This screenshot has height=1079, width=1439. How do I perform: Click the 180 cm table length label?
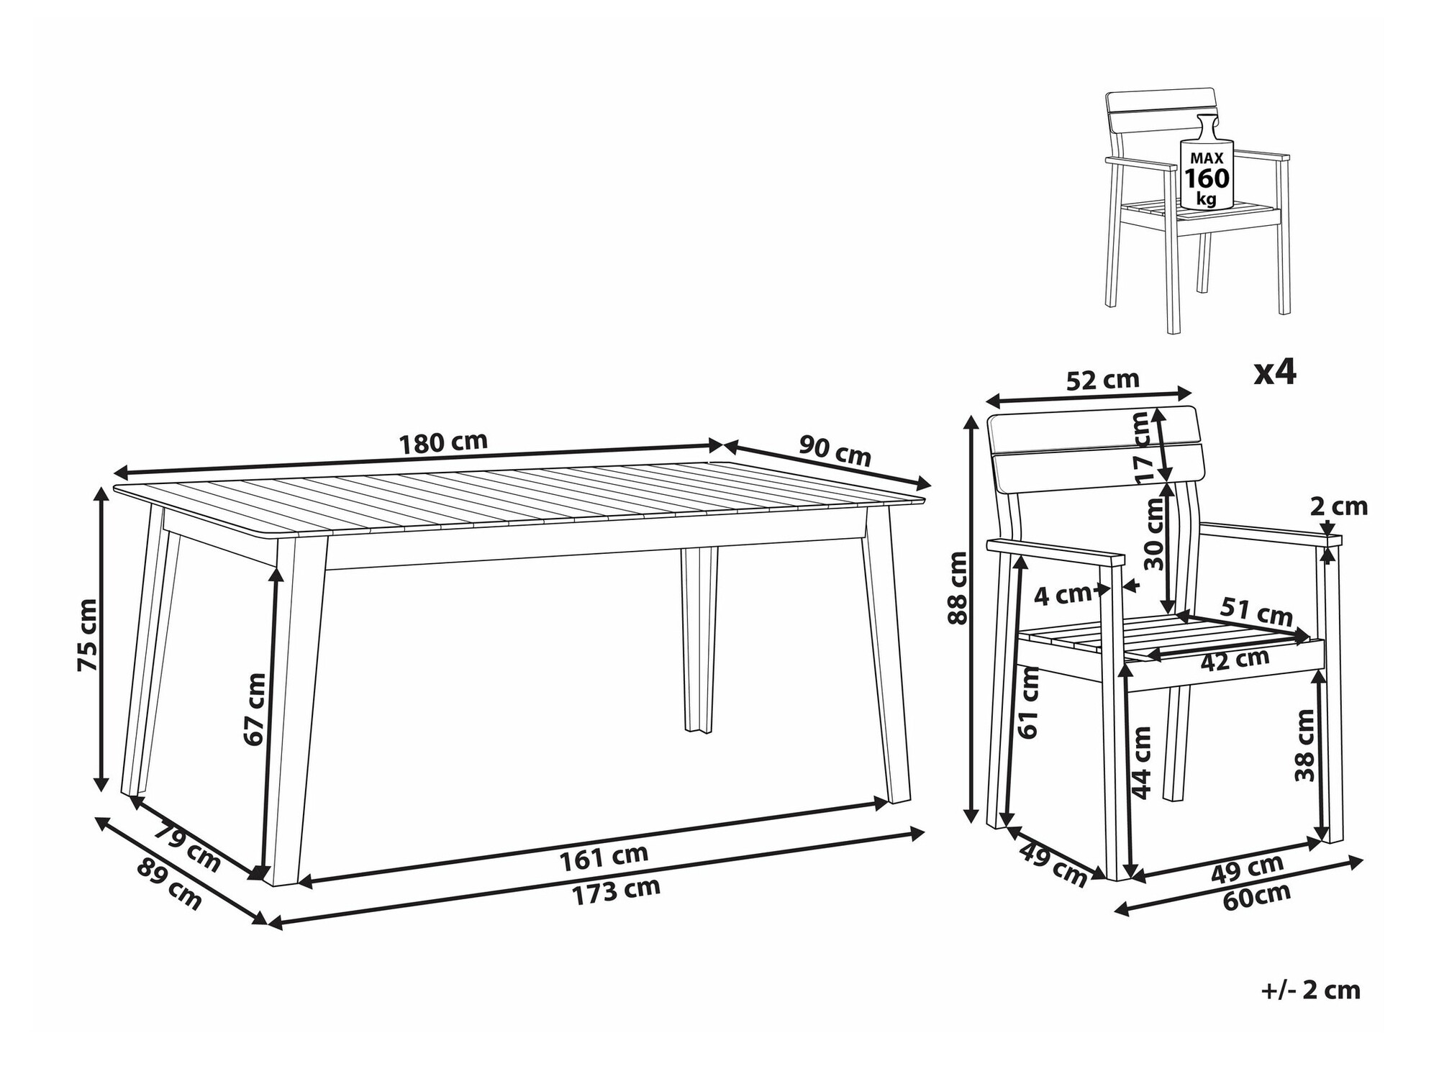point(443,442)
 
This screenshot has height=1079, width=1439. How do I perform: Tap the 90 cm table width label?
point(835,451)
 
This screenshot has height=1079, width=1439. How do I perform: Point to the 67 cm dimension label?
point(255,709)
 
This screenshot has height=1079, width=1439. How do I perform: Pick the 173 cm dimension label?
point(616,891)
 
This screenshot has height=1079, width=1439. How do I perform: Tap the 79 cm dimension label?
point(188,849)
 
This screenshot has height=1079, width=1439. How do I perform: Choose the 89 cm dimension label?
point(169,885)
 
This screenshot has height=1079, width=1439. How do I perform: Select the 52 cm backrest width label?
point(1102,379)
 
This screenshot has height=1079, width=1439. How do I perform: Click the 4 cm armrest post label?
point(1063,594)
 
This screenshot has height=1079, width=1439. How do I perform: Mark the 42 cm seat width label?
point(1235,659)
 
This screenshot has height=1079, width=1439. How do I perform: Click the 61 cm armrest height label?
point(1029,701)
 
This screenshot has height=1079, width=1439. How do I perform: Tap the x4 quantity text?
point(1275,373)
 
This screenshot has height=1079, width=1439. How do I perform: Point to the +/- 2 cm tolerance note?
point(1311,991)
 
